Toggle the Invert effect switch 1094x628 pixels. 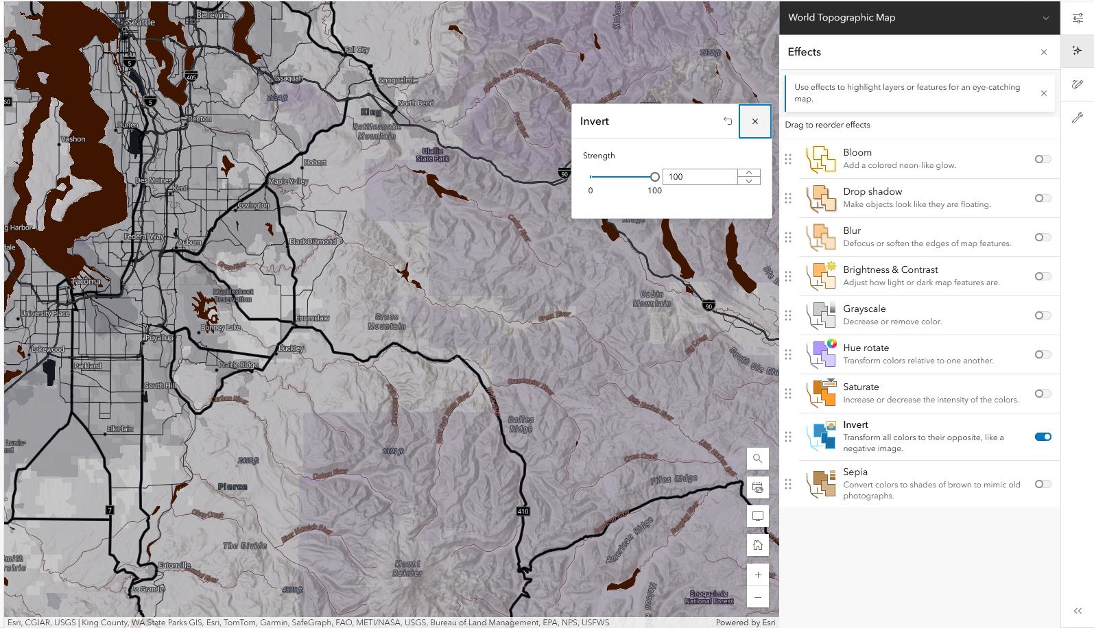1043,437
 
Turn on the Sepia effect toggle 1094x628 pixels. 1043,484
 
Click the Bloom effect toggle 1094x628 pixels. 1043,159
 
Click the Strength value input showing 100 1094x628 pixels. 700,177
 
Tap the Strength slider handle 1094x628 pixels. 654,177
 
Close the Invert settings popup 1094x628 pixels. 754,121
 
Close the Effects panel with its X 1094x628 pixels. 1043,52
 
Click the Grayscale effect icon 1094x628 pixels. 821,315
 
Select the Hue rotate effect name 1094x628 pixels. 866,348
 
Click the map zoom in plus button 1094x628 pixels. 757,575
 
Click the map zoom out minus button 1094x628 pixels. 757,597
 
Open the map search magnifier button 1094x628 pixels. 757,459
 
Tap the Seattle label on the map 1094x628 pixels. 141,22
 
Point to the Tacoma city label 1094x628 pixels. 86,281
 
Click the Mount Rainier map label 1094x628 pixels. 407,568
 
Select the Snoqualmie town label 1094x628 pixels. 398,80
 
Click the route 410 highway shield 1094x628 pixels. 523,511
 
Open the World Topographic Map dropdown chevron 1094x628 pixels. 1045,18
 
